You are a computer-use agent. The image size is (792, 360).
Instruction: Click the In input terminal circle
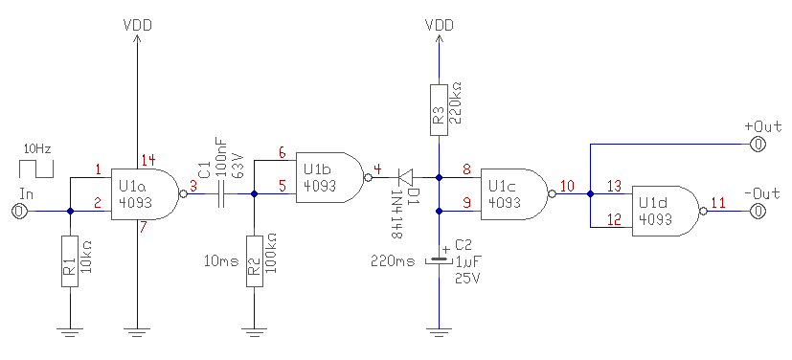click(x=18, y=211)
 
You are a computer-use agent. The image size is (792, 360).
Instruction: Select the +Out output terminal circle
click(x=758, y=145)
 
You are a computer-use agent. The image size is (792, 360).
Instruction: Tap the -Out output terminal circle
click(x=758, y=212)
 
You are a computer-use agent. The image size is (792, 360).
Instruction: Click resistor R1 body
click(x=70, y=261)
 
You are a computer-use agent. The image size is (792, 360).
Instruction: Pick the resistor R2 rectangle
click(x=255, y=261)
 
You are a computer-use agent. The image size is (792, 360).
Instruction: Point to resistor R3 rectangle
click(x=439, y=110)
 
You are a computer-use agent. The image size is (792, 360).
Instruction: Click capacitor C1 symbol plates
click(x=220, y=194)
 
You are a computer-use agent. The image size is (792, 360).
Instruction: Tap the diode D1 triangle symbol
click(x=406, y=178)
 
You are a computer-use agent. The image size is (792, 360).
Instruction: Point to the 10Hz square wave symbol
click(x=35, y=169)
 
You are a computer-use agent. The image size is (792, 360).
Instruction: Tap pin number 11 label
click(x=718, y=203)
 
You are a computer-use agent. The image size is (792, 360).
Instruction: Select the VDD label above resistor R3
click(x=439, y=25)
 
